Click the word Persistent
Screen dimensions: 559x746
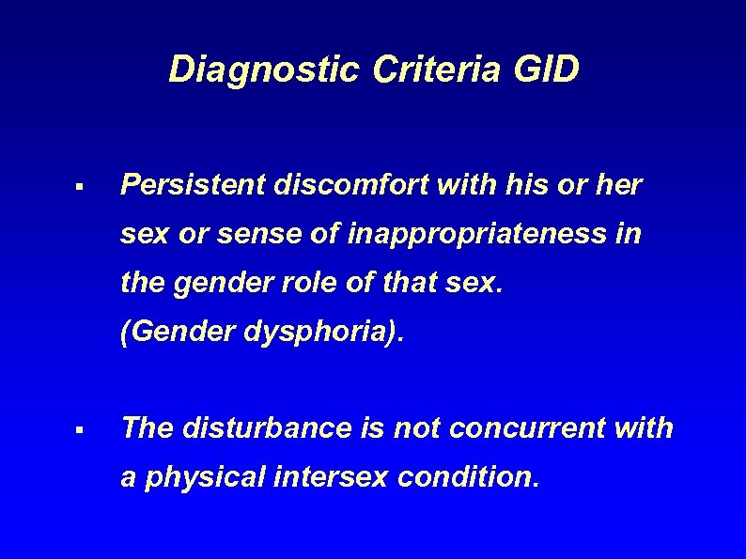coord(194,185)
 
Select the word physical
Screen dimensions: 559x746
coord(207,477)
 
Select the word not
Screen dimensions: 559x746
coord(416,428)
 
